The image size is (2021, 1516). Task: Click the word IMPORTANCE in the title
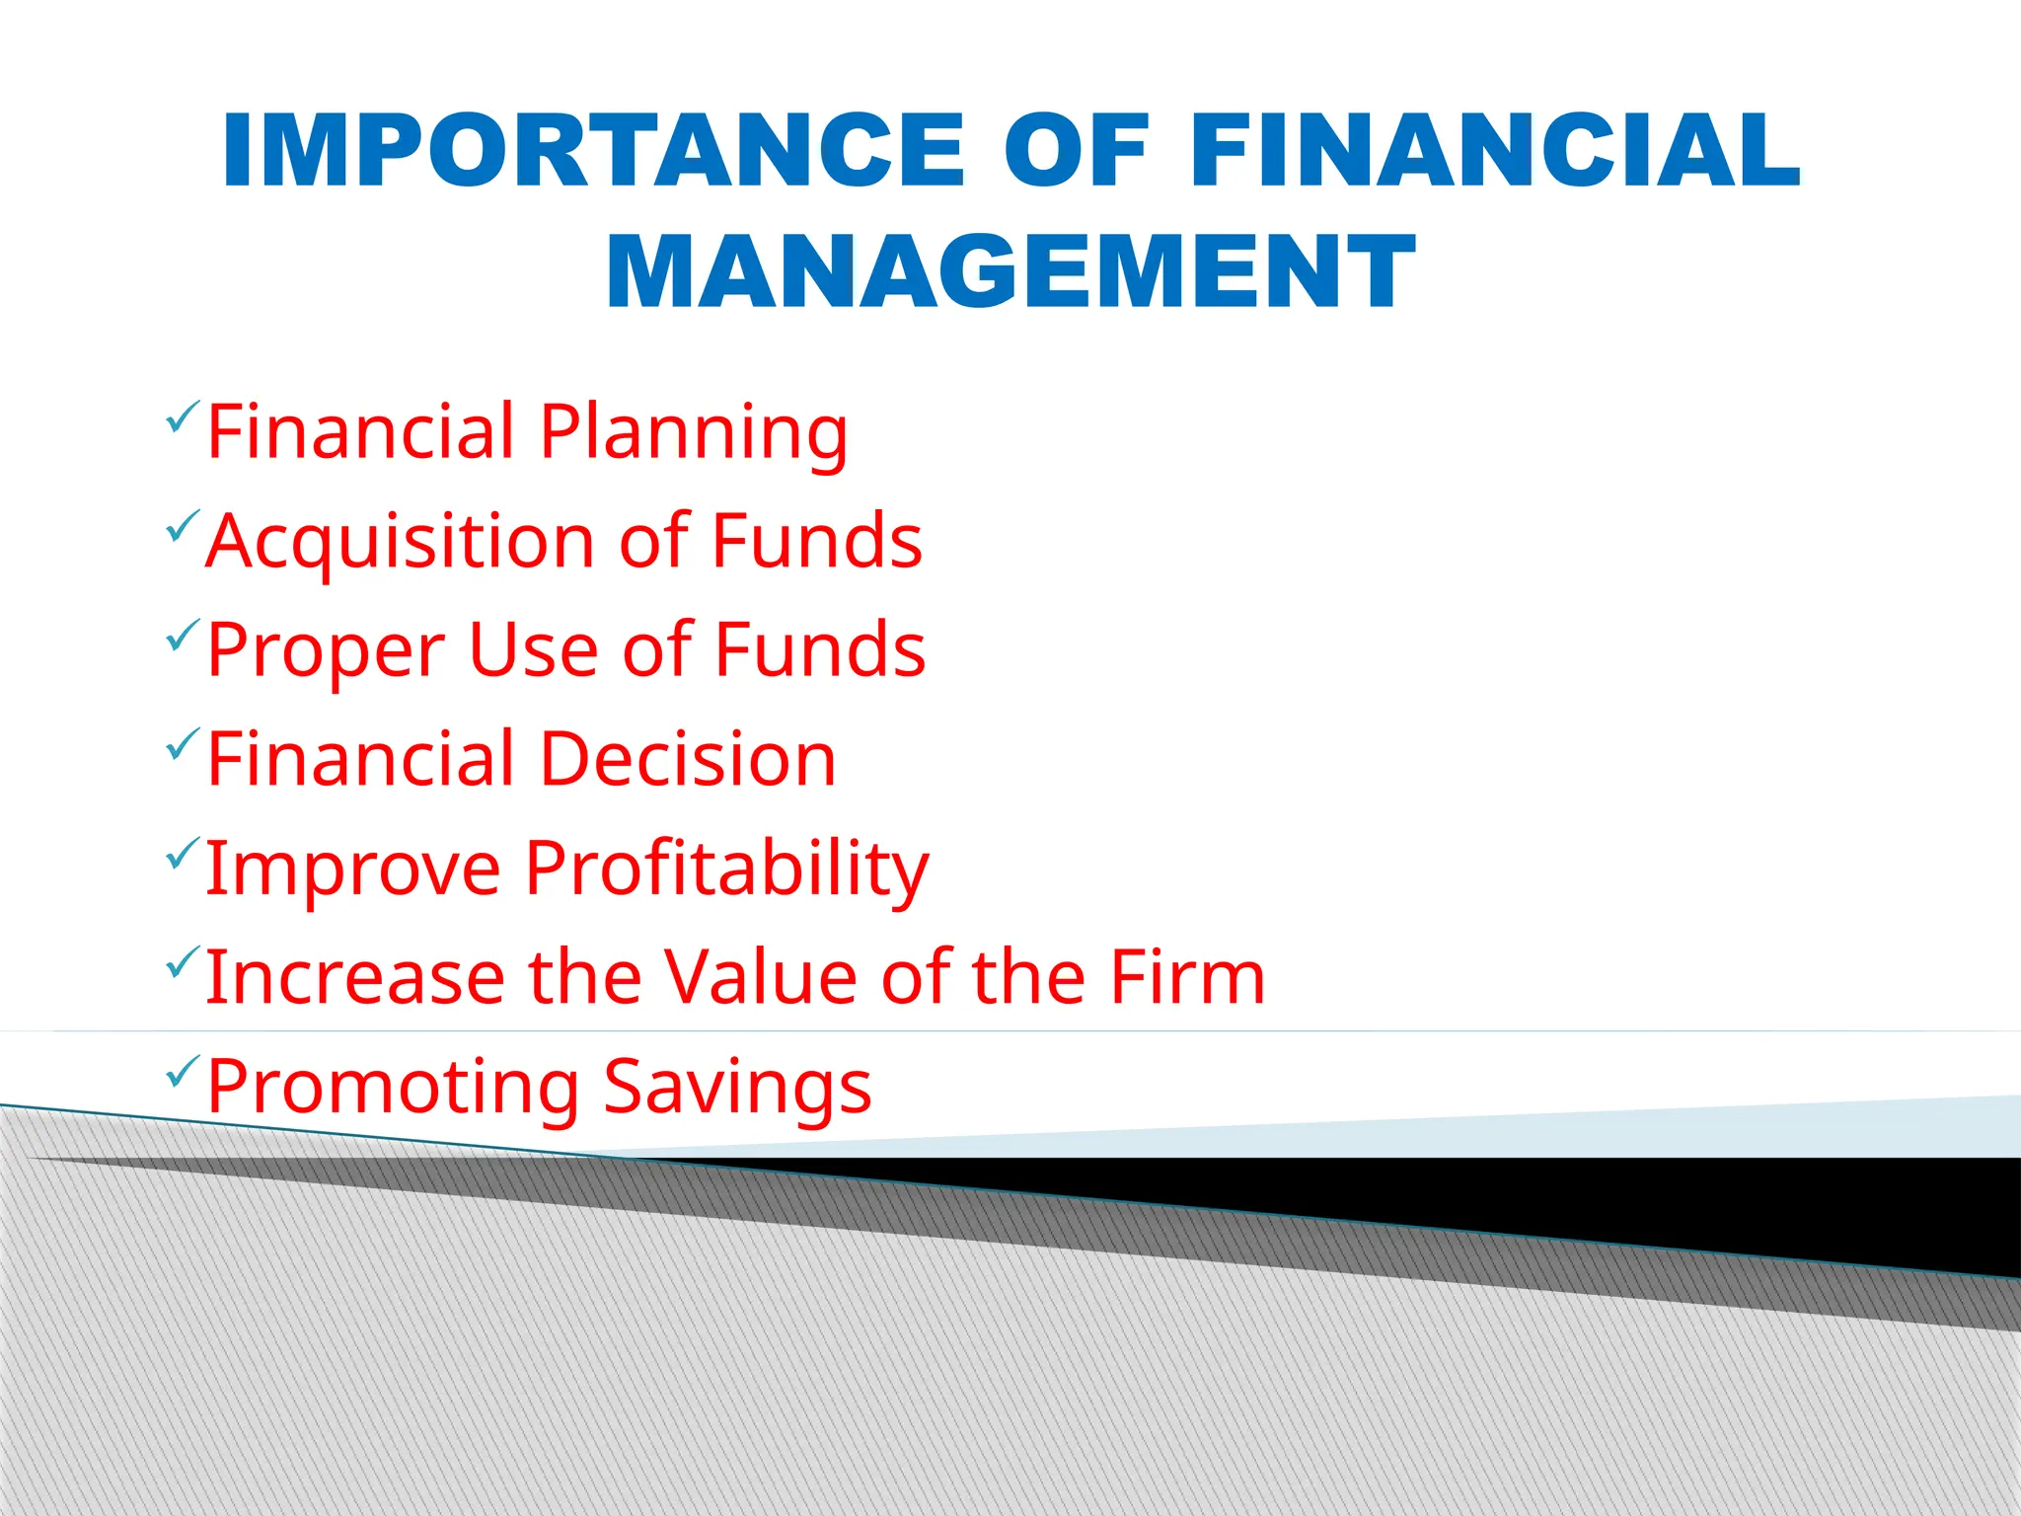593,150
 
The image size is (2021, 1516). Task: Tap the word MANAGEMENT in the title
1010,272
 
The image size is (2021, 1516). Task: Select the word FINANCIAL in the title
1495,150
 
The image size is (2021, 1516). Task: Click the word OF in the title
1077,150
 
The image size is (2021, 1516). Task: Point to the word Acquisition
399,543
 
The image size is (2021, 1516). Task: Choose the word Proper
326,651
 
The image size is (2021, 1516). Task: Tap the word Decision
688,759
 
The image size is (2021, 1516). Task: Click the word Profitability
726,870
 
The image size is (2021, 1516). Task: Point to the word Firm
1187,977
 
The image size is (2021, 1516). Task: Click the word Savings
737,1088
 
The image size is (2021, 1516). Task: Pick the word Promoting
393,1088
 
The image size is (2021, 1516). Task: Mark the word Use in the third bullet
533,651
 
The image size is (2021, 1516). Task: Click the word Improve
353,870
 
